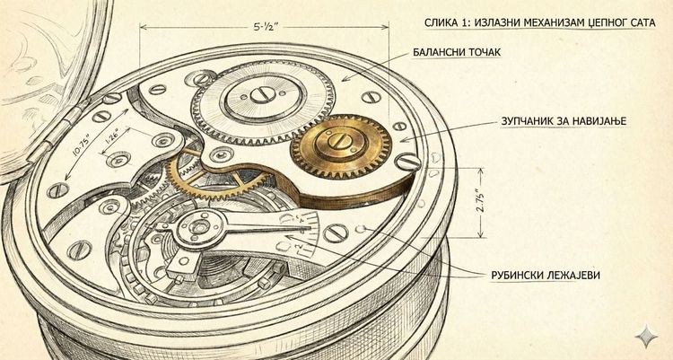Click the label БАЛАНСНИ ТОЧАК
(457, 52)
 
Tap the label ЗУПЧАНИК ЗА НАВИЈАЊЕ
(564, 121)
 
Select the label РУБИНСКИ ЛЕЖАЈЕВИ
(545, 276)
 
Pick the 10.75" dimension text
(82, 145)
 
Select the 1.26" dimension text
(109, 136)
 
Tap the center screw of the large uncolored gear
(263, 95)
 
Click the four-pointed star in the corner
(646, 336)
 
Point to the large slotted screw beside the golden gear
(407, 162)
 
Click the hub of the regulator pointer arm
(198, 226)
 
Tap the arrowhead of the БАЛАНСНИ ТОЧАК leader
(345, 79)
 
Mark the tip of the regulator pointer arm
(310, 226)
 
